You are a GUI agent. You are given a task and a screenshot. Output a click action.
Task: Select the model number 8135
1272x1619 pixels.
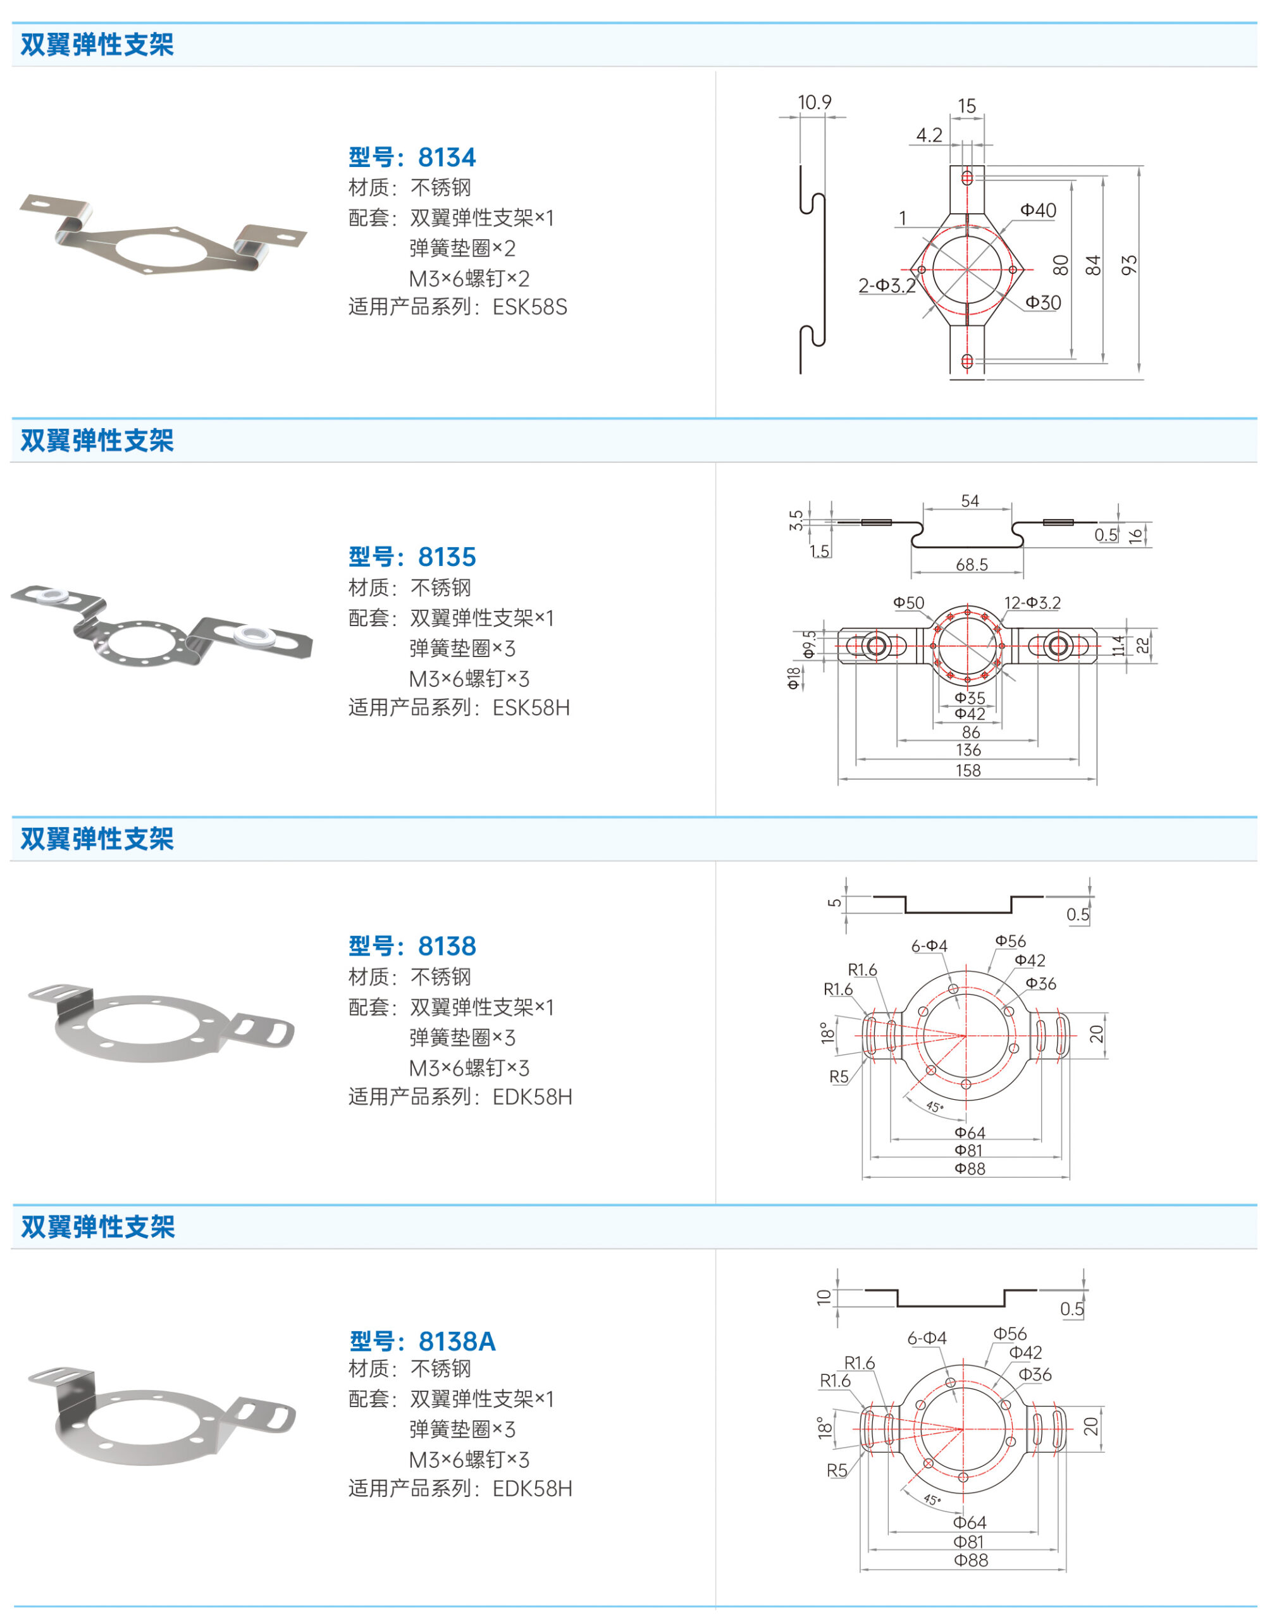point(447,557)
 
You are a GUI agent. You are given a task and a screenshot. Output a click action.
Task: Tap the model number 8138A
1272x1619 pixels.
point(457,1341)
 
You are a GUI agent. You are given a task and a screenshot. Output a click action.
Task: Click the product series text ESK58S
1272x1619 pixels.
point(530,307)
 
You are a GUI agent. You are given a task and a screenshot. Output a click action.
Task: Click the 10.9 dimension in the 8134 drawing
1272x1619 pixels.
point(814,102)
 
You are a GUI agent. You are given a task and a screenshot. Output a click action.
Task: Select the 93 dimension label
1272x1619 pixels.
point(1129,265)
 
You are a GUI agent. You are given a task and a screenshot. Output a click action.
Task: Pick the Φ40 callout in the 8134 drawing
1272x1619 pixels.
point(1038,210)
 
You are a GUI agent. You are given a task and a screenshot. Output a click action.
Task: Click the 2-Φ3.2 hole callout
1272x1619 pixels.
point(887,285)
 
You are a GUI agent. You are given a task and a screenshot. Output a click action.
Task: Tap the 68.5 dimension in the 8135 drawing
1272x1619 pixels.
point(972,565)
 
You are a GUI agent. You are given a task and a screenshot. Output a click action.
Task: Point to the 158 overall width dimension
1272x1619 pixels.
point(968,770)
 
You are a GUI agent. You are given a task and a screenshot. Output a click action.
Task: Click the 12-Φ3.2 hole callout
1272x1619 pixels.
point(1032,603)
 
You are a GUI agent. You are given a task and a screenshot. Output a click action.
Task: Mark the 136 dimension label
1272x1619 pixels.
point(968,750)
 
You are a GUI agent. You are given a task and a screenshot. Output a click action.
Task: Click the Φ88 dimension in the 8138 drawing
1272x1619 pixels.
point(970,1169)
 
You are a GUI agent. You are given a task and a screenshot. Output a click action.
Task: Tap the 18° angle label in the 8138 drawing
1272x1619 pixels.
point(827,1033)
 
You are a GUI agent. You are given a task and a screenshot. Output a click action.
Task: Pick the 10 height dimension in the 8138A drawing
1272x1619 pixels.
point(824,1297)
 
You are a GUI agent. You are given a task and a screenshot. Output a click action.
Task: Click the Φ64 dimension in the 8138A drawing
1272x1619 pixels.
point(970,1522)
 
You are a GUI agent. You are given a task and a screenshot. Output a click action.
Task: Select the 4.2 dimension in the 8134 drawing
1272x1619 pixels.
point(929,135)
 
